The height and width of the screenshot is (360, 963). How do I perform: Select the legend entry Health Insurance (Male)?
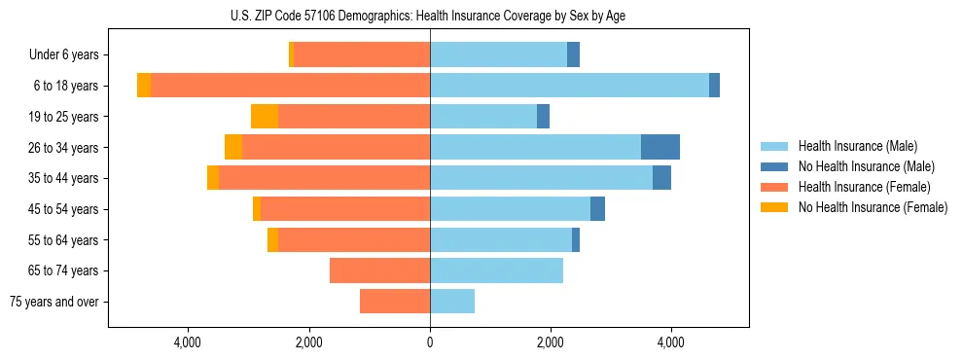pyautogui.click(x=856, y=146)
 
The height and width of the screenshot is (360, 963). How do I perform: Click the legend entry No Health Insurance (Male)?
pyautogui.click(x=866, y=166)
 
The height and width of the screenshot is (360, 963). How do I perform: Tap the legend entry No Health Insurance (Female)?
pyautogui.click(x=873, y=207)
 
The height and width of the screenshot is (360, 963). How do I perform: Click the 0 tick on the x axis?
pyautogui.click(x=430, y=342)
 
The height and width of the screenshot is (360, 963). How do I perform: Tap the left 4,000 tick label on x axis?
pyautogui.click(x=187, y=342)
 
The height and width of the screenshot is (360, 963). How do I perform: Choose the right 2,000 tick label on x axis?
pyautogui.click(x=551, y=342)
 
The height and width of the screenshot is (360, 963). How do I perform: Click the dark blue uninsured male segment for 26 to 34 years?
pyautogui.click(x=660, y=147)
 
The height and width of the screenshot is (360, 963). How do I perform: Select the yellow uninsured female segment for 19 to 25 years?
pyautogui.click(x=265, y=117)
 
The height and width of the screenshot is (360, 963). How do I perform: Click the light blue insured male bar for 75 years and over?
pyautogui.click(x=452, y=302)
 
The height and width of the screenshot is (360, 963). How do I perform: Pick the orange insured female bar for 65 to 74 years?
pyautogui.click(x=379, y=270)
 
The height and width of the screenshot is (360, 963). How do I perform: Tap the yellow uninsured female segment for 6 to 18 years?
pyautogui.click(x=144, y=86)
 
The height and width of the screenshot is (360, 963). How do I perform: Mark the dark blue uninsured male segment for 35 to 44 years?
pyautogui.click(x=661, y=178)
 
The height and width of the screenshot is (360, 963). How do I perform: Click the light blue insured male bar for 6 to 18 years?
pyautogui.click(x=569, y=86)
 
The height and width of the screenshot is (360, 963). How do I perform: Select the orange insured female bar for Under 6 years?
pyautogui.click(x=362, y=55)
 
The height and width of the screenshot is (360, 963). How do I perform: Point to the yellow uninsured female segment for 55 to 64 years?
pyautogui.click(x=272, y=240)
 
